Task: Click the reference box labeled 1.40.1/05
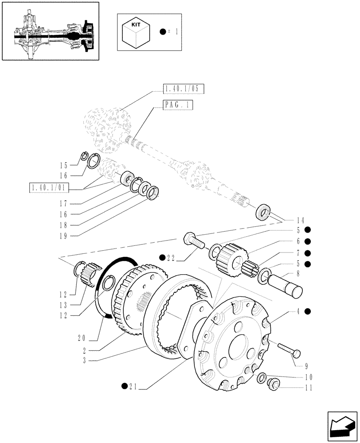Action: (x=184, y=89)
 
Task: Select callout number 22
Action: (x=172, y=257)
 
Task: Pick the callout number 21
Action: (x=132, y=389)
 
